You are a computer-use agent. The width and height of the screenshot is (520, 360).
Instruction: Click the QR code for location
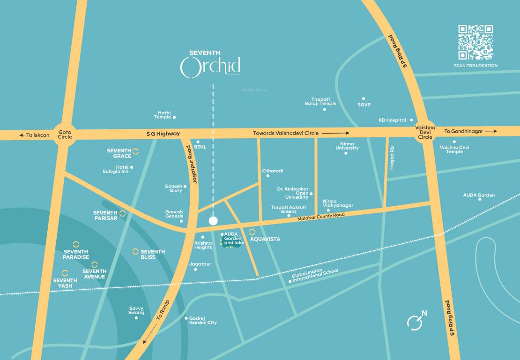coord(475,43)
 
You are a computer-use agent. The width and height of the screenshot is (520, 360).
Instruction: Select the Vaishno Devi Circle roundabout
coord(426,132)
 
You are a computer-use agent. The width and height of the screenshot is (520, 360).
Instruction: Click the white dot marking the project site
coord(213,220)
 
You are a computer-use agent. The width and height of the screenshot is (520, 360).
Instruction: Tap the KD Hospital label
coord(392,120)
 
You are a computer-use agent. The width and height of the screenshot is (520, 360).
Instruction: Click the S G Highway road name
coord(163,134)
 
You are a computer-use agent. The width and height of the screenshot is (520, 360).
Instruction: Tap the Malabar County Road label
coord(321,217)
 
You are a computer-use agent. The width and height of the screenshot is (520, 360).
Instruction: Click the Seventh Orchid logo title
coord(210,64)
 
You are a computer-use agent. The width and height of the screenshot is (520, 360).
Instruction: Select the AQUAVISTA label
coord(265,239)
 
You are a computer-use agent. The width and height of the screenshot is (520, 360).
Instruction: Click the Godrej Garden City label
coord(203,320)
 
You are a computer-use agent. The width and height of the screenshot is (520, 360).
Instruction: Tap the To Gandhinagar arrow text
coord(464,132)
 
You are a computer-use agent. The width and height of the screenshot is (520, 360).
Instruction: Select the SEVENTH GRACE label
coord(119,153)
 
